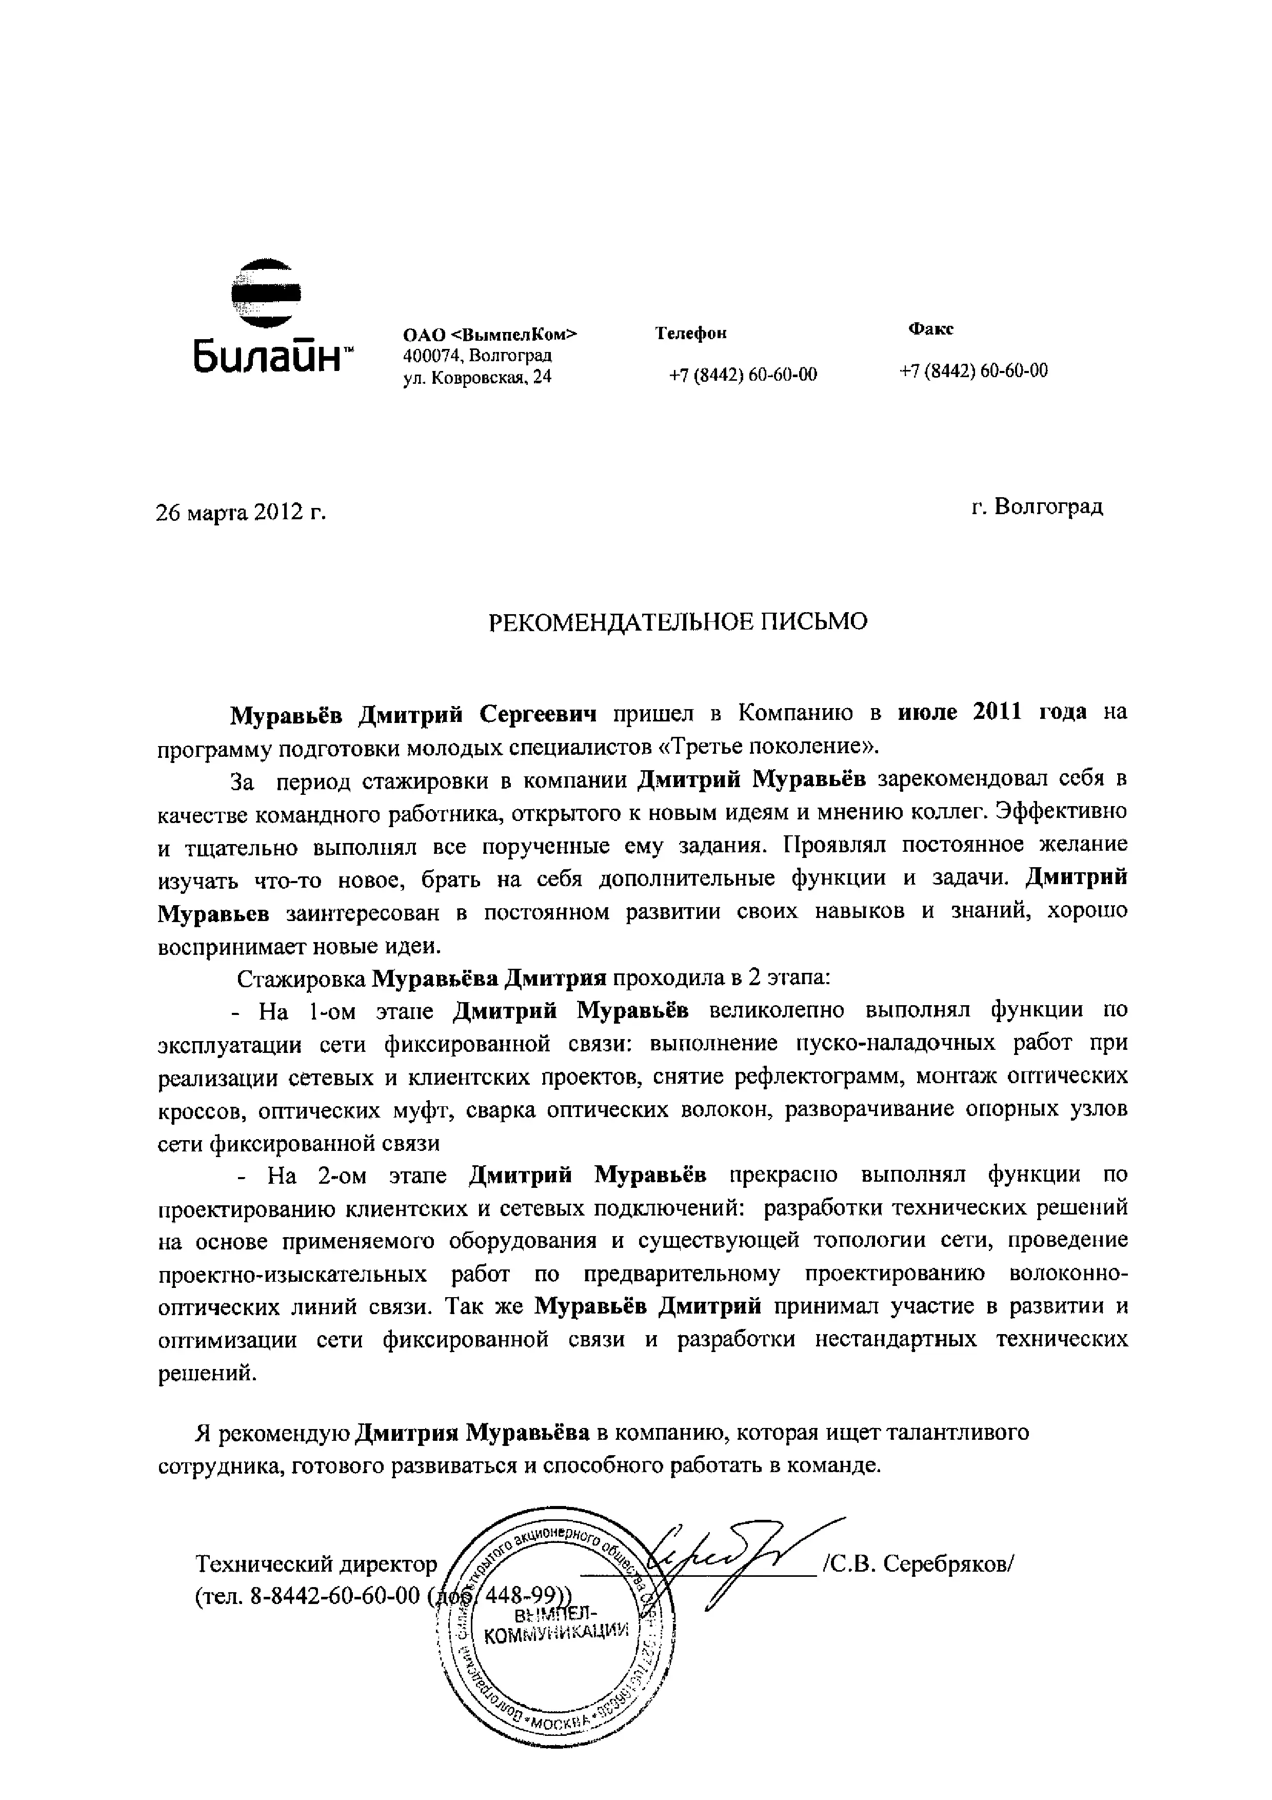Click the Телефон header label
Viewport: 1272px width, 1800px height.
point(690,333)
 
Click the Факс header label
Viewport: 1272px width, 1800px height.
point(930,329)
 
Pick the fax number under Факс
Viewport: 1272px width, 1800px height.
point(973,371)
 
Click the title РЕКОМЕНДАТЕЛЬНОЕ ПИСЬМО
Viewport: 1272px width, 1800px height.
point(678,622)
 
